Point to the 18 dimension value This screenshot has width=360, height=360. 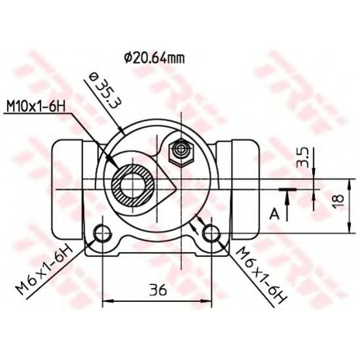pyautogui.click(x=339, y=199)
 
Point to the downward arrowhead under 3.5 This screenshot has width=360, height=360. pyautogui.click(x=314, y=174)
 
